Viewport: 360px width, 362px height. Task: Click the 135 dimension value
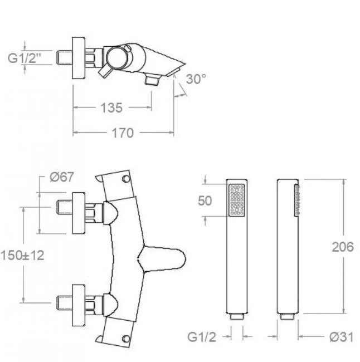[111, 107]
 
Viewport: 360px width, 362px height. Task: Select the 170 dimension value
[123, 133]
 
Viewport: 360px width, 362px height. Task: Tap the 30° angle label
[196, 79]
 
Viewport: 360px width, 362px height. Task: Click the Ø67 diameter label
[62, 177]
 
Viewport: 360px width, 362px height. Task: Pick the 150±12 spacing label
[22, 256]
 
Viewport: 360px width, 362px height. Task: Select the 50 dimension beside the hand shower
[205, 201]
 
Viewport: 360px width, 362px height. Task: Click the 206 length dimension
[343, 247]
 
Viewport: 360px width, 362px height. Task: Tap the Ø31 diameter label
[341, 337]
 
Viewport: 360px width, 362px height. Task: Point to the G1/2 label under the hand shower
[202, 337]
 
